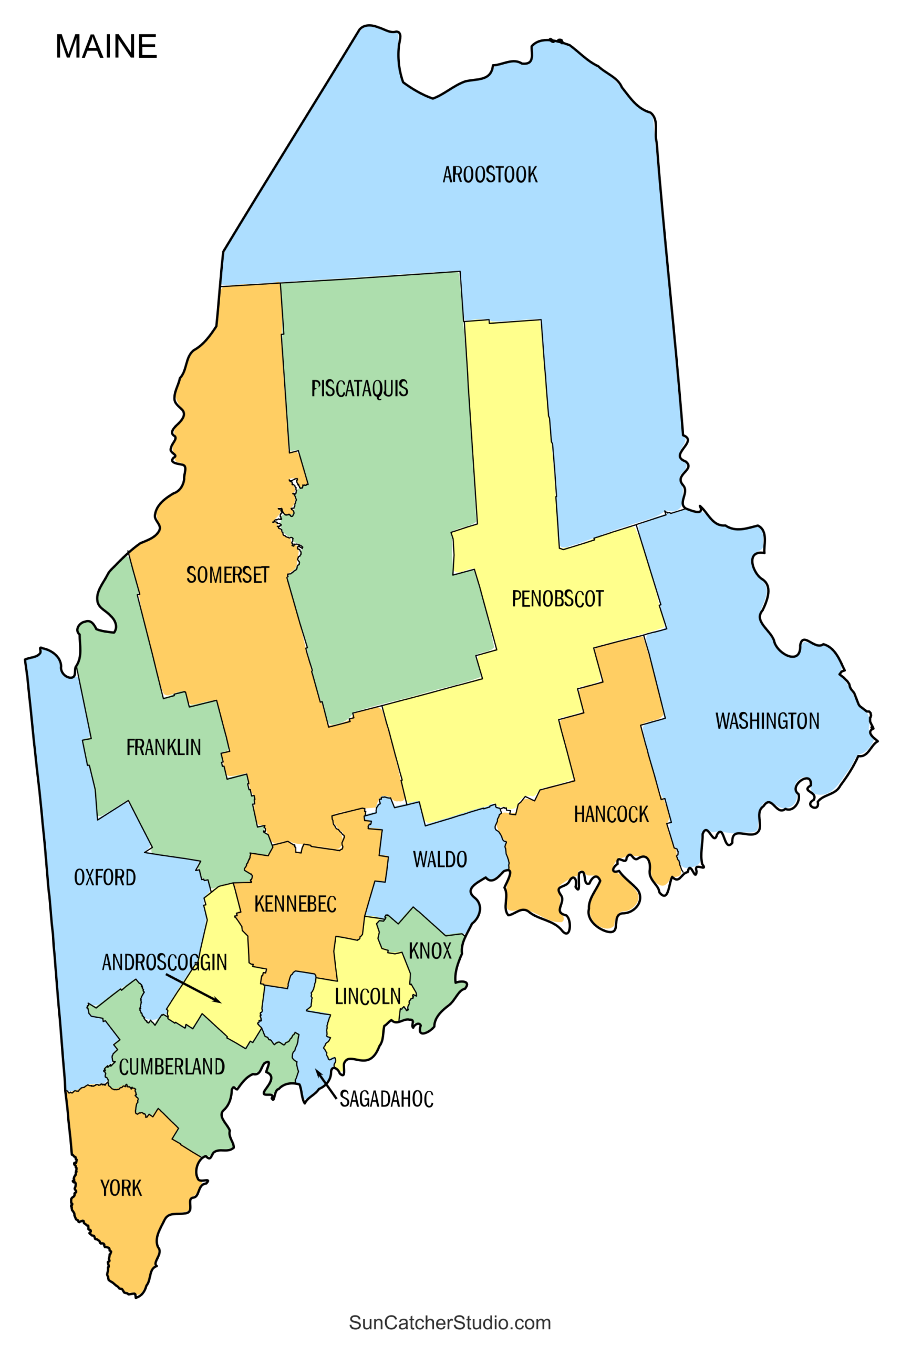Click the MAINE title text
tap(106, 47)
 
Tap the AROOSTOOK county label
tap(490, 174)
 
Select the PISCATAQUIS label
tap(360, 388)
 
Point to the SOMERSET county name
tap(227, 575)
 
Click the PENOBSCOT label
tap(557, 599)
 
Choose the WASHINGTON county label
tap(767, 721)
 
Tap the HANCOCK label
tap(612, 815)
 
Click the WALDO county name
tap(440, 860)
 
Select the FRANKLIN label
tap(164, 748)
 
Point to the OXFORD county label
tap(105, 877)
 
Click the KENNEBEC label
tap(295, 904)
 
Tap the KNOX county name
tap(430, 951)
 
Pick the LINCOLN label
tap(368, 996)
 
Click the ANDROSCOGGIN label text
tap(164, 963)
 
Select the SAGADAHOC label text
tap(386, 1099)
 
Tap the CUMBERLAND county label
tap(172, 1067)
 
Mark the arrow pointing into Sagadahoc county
tap(326, 1083)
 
